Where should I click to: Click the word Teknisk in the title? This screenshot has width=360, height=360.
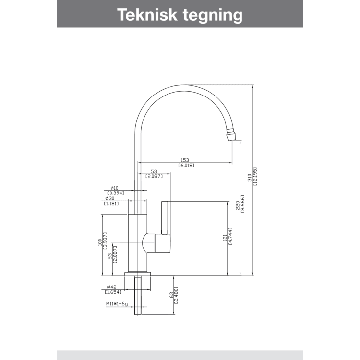click(x=147, y=15)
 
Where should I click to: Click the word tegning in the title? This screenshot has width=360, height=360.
click(x=213, y=16)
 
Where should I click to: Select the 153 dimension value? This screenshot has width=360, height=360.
click(x=185, y=160)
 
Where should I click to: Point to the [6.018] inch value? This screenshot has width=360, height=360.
click(x=186, y=165)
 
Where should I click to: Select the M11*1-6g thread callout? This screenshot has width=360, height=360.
click(x=117, y=304)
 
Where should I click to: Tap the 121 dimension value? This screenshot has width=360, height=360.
click(x=225, y=238)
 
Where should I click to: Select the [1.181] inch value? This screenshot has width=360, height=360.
click(x=112, y=203)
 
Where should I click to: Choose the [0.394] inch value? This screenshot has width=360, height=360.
click(x=116, y=193)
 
